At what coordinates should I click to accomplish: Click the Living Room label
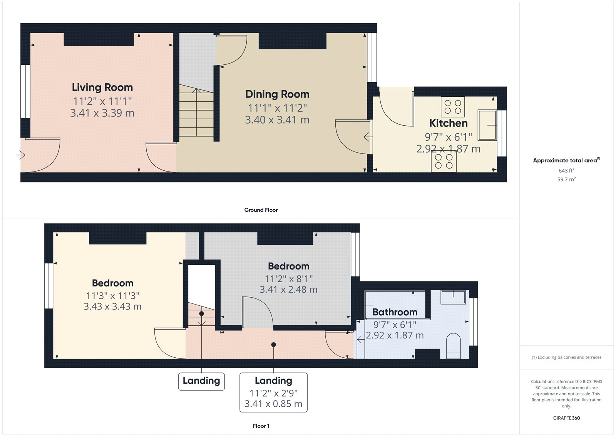pos(102,88)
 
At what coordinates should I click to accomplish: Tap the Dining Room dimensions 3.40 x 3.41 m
pos(277,120)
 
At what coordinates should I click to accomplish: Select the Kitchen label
pos(448,123)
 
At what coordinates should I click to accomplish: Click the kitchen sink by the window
pos(487,125)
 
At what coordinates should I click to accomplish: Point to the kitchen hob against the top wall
pos(453,107)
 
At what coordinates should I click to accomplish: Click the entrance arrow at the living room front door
pos(20,155)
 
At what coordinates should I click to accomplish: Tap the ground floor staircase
pos(196,112)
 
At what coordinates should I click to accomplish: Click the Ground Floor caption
pos(261,210)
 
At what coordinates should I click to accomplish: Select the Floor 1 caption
pos(261,426)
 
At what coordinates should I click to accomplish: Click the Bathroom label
pos(395,312)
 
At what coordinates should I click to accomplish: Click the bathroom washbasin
pos(453,297)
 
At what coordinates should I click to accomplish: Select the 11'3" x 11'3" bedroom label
pos(112,296)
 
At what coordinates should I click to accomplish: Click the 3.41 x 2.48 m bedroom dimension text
pos(288,290)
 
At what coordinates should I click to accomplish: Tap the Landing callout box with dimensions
pos(273,392)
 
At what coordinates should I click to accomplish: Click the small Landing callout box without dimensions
pos(201,381)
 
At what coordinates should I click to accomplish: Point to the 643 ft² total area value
pos(566,170)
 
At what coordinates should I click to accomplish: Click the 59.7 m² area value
pos(566,179)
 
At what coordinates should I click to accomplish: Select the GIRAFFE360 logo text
pos(566,418)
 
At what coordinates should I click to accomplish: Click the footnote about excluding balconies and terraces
pos(566,357)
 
